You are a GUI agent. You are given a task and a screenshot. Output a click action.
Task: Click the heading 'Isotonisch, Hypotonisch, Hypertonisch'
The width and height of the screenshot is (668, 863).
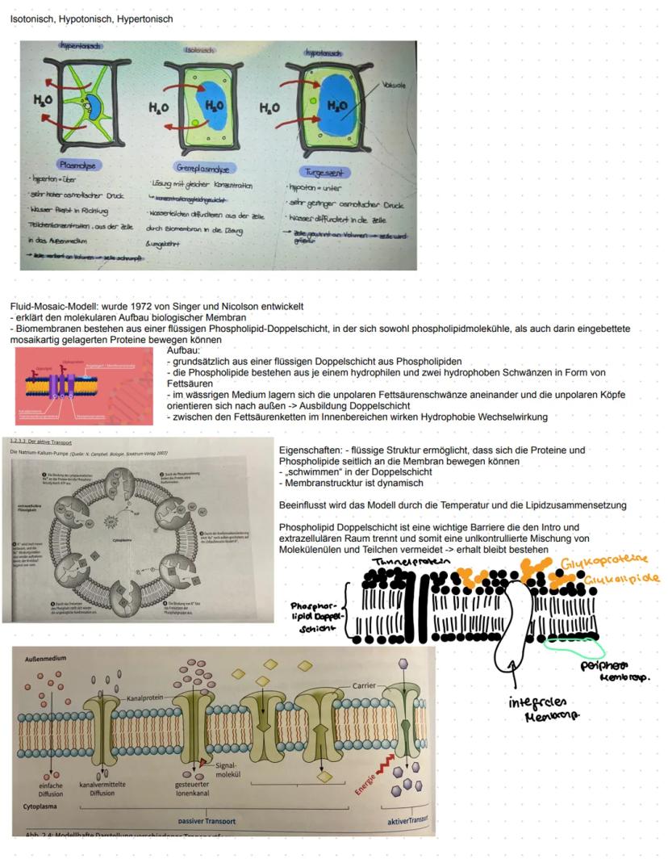point(91,19)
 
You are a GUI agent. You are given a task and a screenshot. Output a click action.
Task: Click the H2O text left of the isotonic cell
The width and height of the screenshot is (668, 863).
point(158,107)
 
